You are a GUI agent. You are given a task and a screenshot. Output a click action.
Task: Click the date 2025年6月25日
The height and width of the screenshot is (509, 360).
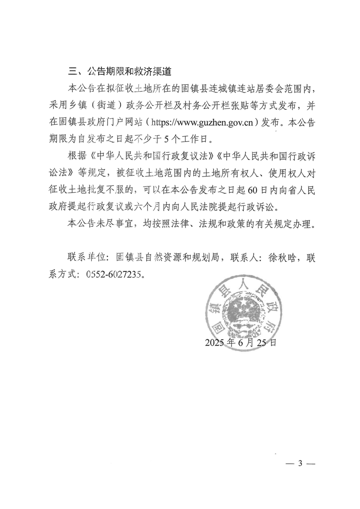coord(240,343)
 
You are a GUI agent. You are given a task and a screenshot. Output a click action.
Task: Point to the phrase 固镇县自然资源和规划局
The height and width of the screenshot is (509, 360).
coord(168,258)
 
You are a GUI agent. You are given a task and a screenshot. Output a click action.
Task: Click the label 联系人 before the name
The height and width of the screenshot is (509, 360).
coord(245,258)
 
